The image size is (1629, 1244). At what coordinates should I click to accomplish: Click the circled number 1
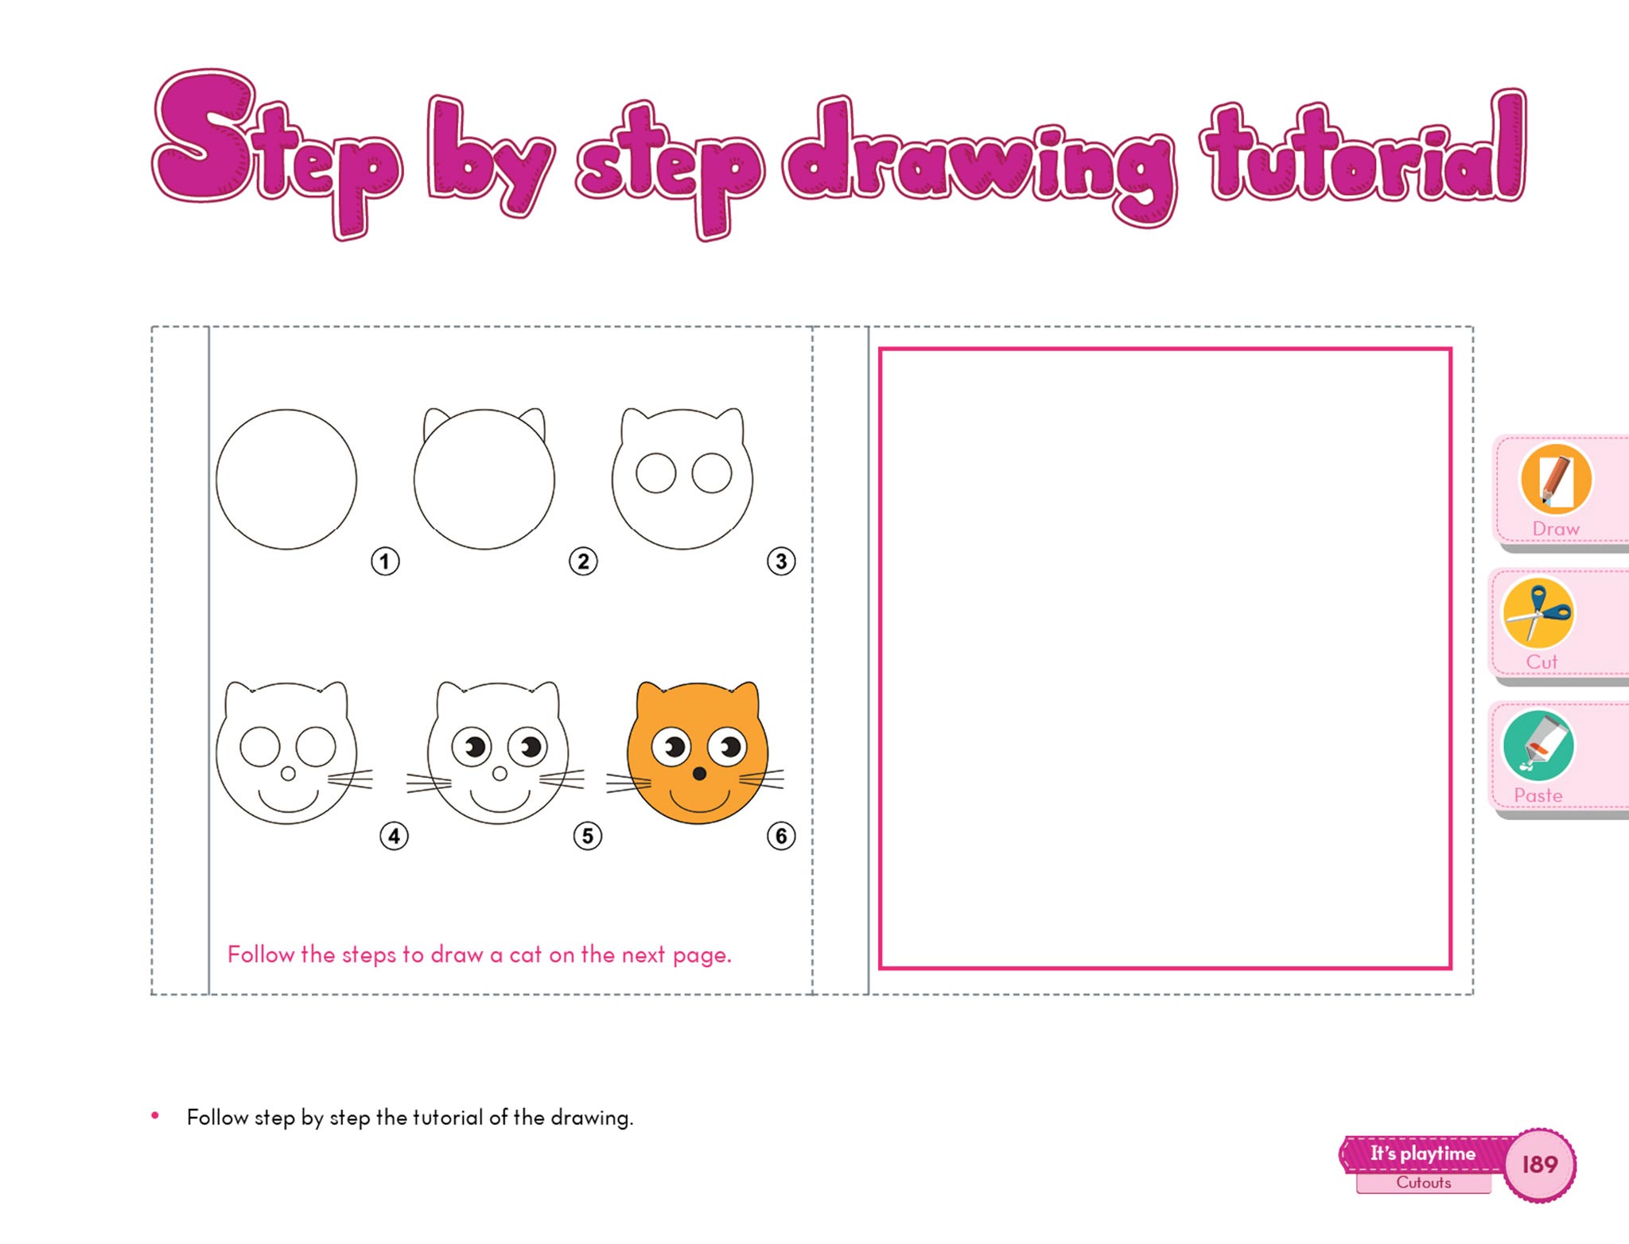click(x=385, y=562)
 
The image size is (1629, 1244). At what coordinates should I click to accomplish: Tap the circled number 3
click(x=781, y=562)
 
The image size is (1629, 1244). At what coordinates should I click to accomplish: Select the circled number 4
click(x=395, y=836)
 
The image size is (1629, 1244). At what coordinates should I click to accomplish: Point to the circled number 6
click(x=781, y=836)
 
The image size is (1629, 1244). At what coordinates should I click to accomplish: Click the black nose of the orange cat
click(x=699, y=774)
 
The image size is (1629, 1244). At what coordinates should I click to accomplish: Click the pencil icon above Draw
click(x=1556, y=479)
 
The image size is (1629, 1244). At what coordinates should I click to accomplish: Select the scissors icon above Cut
click(x=1538, y=612)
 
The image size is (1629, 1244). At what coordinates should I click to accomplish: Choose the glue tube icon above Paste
click(x=1538, y=746)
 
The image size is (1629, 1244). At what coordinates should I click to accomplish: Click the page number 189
click(x=1540, y=1164)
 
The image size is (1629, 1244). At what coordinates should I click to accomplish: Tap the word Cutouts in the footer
click(x=1424, y=1183)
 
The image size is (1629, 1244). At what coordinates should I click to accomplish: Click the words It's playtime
click(x=1422, y=1154)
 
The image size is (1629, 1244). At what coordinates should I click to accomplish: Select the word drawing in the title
click(x=980, y=159)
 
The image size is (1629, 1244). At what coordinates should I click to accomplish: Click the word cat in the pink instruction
click(x=526, y=954)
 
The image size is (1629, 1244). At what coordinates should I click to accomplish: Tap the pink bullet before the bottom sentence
click(x=155, y=1116)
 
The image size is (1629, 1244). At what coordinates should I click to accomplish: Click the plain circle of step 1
click(x=286, y=410)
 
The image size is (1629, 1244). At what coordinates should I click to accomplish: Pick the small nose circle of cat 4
click(x=288, y=773)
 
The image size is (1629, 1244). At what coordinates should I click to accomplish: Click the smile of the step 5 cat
click(x=500, y=810)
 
